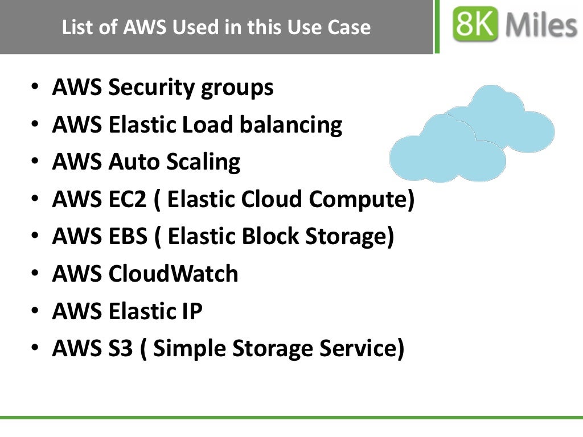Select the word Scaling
coord(203,163)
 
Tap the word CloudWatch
coord(173,274)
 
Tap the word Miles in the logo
coord(541,26)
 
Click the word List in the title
coord(76,27)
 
